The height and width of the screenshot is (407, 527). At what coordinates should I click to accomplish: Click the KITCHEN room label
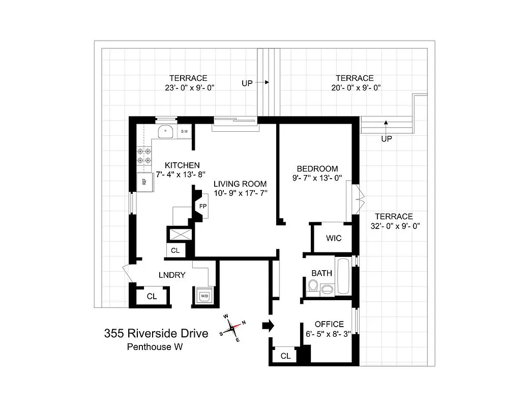click(x=182, y=165)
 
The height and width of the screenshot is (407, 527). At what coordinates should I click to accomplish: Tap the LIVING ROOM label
click(x=240, y=184)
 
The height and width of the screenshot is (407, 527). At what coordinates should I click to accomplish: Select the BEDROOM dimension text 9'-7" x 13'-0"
click(x=317, y=178)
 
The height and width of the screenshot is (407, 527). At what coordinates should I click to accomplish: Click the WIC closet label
click(x=334, y=238)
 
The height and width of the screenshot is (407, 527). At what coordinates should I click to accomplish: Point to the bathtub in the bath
click(x=343, y=277)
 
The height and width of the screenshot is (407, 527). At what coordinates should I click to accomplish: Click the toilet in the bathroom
click(x=313, y=289)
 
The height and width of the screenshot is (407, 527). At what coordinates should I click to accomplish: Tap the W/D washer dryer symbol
click(x=204, y=295)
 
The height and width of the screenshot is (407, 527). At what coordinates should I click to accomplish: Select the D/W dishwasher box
click(x=184, y=132)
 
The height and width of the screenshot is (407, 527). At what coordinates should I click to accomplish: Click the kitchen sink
click(x=166, y=133)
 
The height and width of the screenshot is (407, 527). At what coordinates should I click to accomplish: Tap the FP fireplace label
click(x=202, y=207)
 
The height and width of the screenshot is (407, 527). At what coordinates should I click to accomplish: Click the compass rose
click(x=233, y=328)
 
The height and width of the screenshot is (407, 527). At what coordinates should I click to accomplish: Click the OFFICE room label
click(x=329, y=324)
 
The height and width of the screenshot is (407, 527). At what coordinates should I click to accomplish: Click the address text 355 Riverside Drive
click(x=156, y=334)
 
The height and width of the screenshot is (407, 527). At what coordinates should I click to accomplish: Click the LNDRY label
click(x=171, y=275)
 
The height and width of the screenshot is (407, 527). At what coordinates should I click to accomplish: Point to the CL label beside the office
click(x=285, y=356)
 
